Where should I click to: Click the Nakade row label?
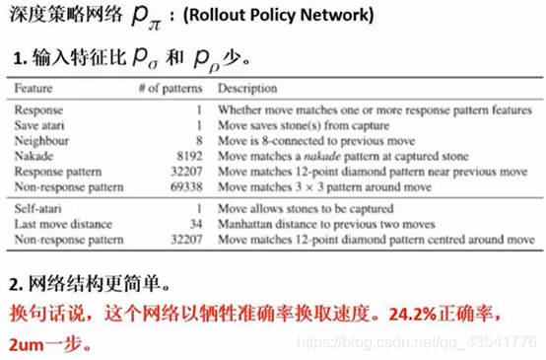(x=35, y=156)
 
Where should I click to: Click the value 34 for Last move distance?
(x=195, y=224)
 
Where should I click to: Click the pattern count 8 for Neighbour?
(x=199, y=141)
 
